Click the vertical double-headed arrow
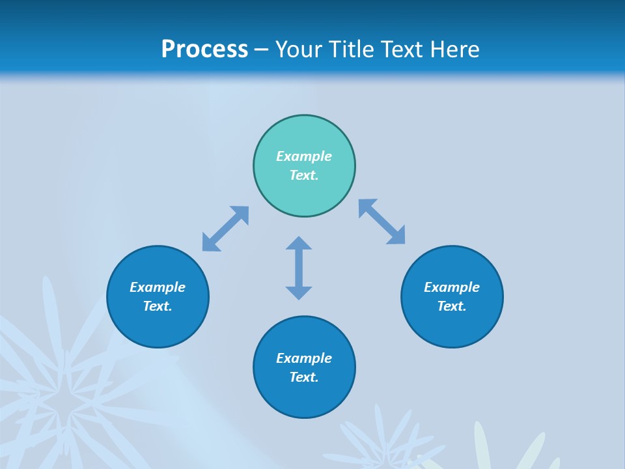tap(299, 268)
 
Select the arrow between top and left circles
tap(225, 229)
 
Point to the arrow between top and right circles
tap(382, 221)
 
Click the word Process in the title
tap(204, 50)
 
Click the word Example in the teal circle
tap(304, 156)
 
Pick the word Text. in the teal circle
tap(304, 175)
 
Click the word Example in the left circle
tap(158, 287)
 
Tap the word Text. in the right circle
tap(452, 306)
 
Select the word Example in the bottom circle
tap(304, 358)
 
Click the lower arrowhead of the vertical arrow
tap(299, 292)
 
